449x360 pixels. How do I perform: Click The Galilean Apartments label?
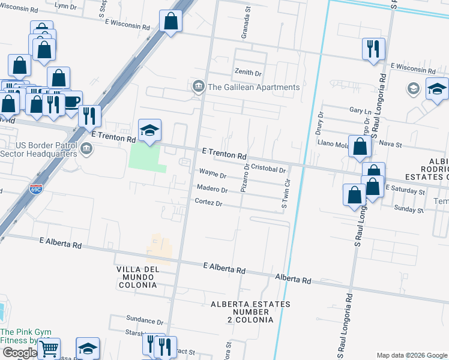coord(253,87)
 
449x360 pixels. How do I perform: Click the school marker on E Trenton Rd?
coord(150,130)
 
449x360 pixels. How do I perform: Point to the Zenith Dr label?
coord(249,73)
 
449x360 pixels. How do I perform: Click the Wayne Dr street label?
coord(212,176)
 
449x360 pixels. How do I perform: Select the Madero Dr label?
coord(212,190)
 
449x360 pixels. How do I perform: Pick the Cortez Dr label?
coord(208,203)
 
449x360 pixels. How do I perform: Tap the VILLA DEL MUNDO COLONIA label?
coord(138,277)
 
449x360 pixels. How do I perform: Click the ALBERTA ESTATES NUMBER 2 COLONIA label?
coord(250,312)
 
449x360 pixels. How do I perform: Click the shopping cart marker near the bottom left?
coord(49,347)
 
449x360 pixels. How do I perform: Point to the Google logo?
coord(19,353)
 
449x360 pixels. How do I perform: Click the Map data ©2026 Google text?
coord(411,355)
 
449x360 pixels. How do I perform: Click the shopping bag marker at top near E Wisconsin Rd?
coord(171,22)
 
